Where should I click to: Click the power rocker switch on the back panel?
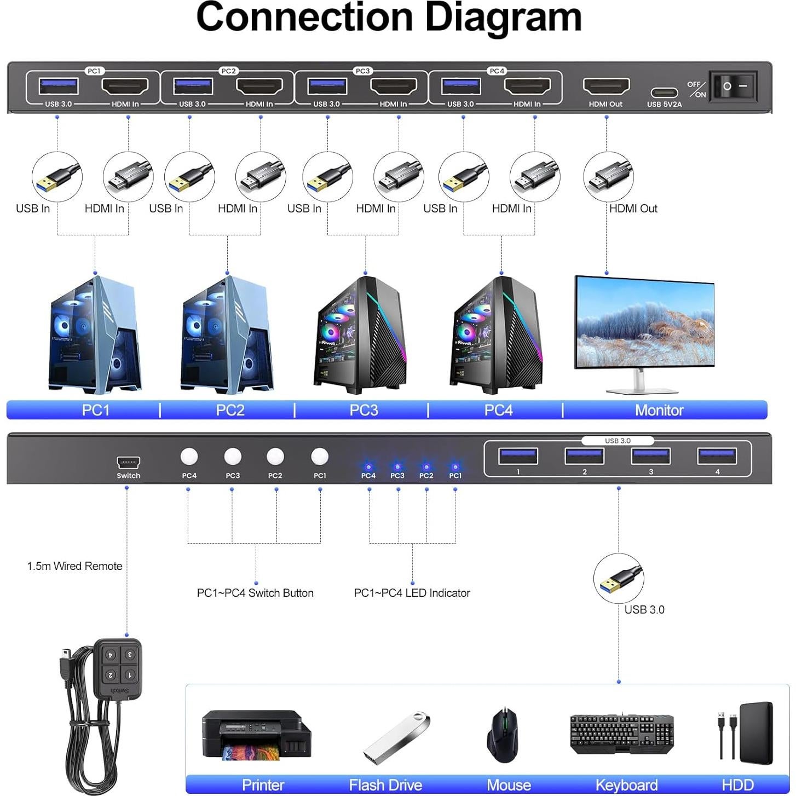(x=733, y=86)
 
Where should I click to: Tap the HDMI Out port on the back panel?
(x=606, y=86)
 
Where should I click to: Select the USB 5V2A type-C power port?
(x=664, y=93)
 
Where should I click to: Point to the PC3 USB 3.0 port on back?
(x=327, y=86)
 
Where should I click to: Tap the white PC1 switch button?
(x=319, y=456)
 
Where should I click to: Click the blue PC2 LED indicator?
(x=426, y=467)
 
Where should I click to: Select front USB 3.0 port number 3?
(x=651, y=455)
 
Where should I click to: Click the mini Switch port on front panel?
(x=128, y=462)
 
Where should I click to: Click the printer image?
(x=256, y=734)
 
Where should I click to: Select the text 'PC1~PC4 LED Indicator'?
(x=412, y=593)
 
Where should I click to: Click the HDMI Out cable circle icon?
(x=608, y=177)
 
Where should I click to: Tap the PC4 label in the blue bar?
(x=498, y=410)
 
